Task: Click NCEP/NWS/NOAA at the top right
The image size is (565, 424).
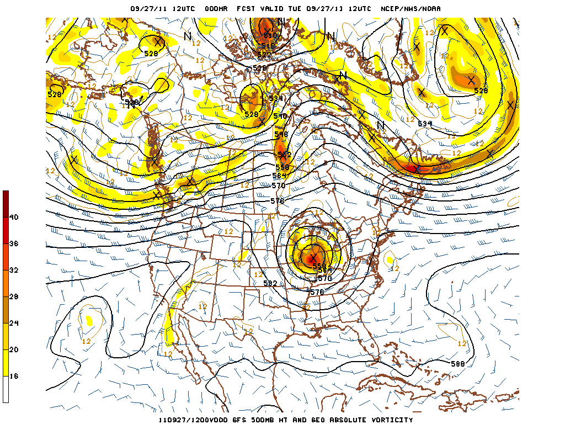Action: coord(411,8)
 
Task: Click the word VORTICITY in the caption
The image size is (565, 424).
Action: coord(389,420)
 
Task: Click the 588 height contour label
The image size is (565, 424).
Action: coord(457,364)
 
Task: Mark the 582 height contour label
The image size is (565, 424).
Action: coord(270,283)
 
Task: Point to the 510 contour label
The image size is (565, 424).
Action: coord(270,35)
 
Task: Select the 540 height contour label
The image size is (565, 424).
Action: coord(280,116)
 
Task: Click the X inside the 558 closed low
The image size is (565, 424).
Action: coord(313,258)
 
